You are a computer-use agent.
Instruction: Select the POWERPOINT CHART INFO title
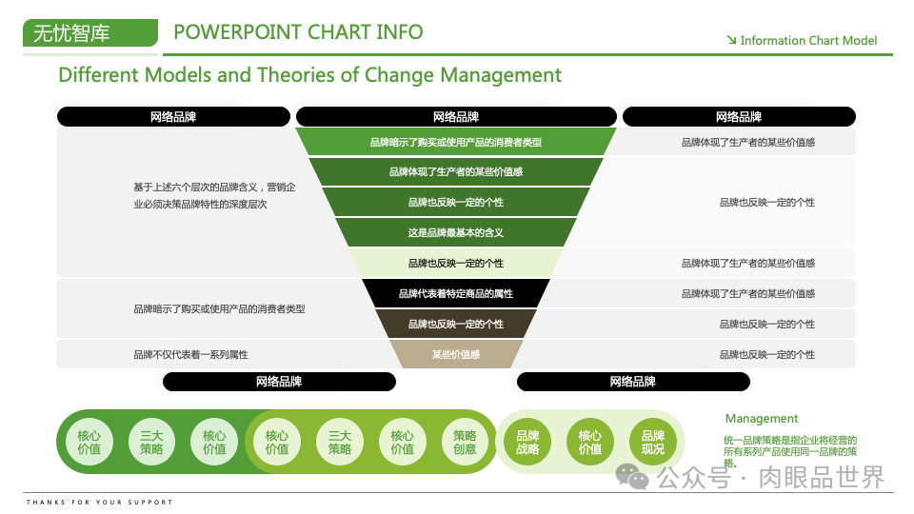coord(298,31)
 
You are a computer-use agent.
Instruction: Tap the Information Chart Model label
coord(808,41)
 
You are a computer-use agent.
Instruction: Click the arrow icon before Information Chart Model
coord(731,40)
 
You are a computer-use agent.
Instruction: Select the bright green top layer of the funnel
coord(456,142)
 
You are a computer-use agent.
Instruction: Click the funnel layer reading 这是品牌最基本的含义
coord(456,232)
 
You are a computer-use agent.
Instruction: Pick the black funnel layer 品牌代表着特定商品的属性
coord(456,293)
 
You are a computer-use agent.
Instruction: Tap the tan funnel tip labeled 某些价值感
coord(456,354)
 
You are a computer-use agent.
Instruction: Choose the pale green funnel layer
coord(456,263)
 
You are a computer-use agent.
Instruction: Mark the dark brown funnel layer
coord(456,324)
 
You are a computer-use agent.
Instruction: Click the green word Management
coord(762,418)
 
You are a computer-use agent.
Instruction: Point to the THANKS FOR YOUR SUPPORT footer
coord(100,502)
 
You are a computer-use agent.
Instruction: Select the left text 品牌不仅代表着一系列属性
coord(190,354)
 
